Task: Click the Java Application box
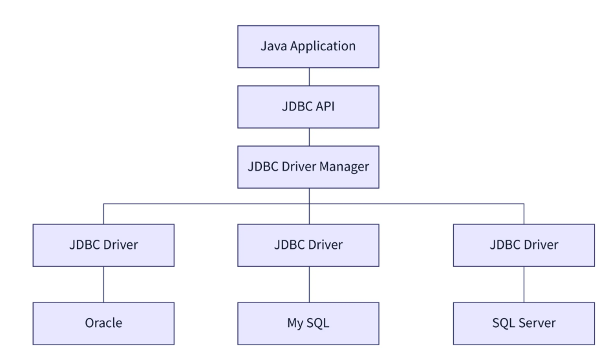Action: tap(308, 47)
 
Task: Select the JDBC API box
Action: tap(308, 107)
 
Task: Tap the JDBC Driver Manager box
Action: tap(308, 167)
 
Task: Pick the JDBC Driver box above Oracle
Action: tap(103, 245)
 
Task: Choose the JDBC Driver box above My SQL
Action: tap(308, 245)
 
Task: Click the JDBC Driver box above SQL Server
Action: tap(524, 245)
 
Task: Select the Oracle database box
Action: tap(103, 323)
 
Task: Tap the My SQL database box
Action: tap(308, 323)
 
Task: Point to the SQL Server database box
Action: tap(524, 323)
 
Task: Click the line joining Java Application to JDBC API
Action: tap(309, 77)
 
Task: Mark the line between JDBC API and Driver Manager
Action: tap(309, 137)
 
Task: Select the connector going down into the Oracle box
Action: tap(104, 284)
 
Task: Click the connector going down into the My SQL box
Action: tap(309, 284)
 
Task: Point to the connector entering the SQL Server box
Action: tap(524, 284)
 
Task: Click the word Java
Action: tap(272, 47)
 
